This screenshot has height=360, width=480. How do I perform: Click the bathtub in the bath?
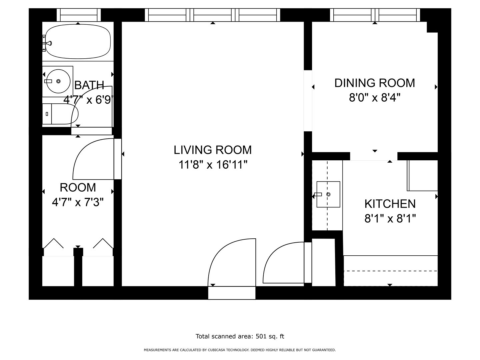(78, 41)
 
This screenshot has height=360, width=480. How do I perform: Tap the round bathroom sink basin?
(58, 81)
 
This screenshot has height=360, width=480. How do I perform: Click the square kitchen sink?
(328, 194)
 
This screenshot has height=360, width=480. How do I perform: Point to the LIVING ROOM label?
(213, 150)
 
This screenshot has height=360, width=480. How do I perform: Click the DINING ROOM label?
(375, 83)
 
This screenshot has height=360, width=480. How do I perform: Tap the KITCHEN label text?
(390, 204)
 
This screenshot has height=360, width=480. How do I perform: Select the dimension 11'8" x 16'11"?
(213, 165)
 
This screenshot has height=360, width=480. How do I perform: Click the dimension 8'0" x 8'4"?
(375, 97)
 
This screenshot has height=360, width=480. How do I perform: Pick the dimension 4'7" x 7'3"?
(78, 202)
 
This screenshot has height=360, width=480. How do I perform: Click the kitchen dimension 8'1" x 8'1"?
(390, 218)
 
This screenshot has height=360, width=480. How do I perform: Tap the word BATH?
(89, 85)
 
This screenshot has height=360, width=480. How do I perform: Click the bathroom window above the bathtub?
(79, 15)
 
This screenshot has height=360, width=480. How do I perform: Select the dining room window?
(375, 15)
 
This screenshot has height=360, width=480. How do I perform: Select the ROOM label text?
(78, 188)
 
